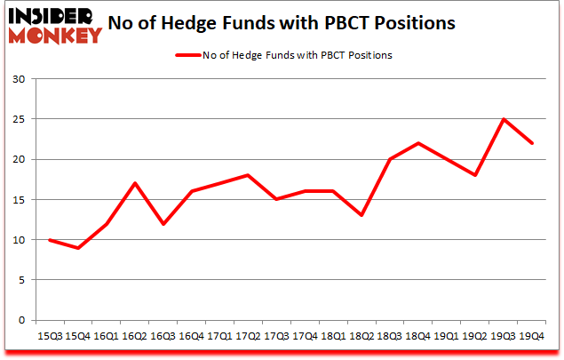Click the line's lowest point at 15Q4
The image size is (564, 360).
click(x=79, y=248)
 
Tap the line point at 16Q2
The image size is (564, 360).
click(x=136, y=183)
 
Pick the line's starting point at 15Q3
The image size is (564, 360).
click(x=51, y=240)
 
